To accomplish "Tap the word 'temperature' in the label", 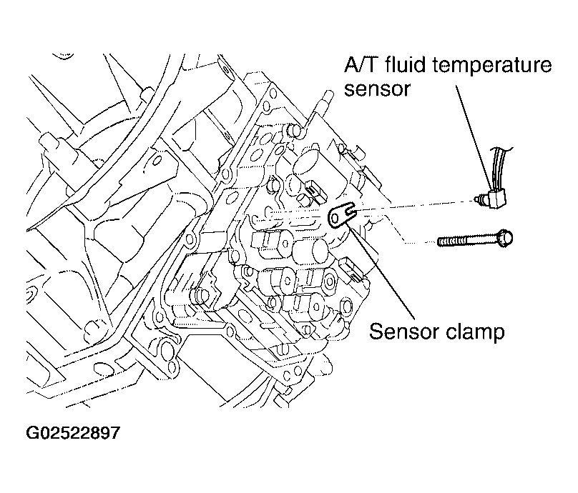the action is click(491, 66).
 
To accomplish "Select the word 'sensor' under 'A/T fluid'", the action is click(377, 89).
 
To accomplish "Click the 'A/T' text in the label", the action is click(360, 66).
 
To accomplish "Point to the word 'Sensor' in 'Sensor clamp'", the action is click(403, 332).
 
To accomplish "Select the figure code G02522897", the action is click(73, 432).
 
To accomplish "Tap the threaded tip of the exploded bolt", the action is click(440, 241).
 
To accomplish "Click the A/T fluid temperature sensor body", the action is click(496, 198).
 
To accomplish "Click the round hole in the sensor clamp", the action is click(335, 219).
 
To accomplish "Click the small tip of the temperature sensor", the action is click(477, 199).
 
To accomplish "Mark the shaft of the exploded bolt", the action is click(466, 241).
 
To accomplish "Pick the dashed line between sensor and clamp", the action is click(413, 205).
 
